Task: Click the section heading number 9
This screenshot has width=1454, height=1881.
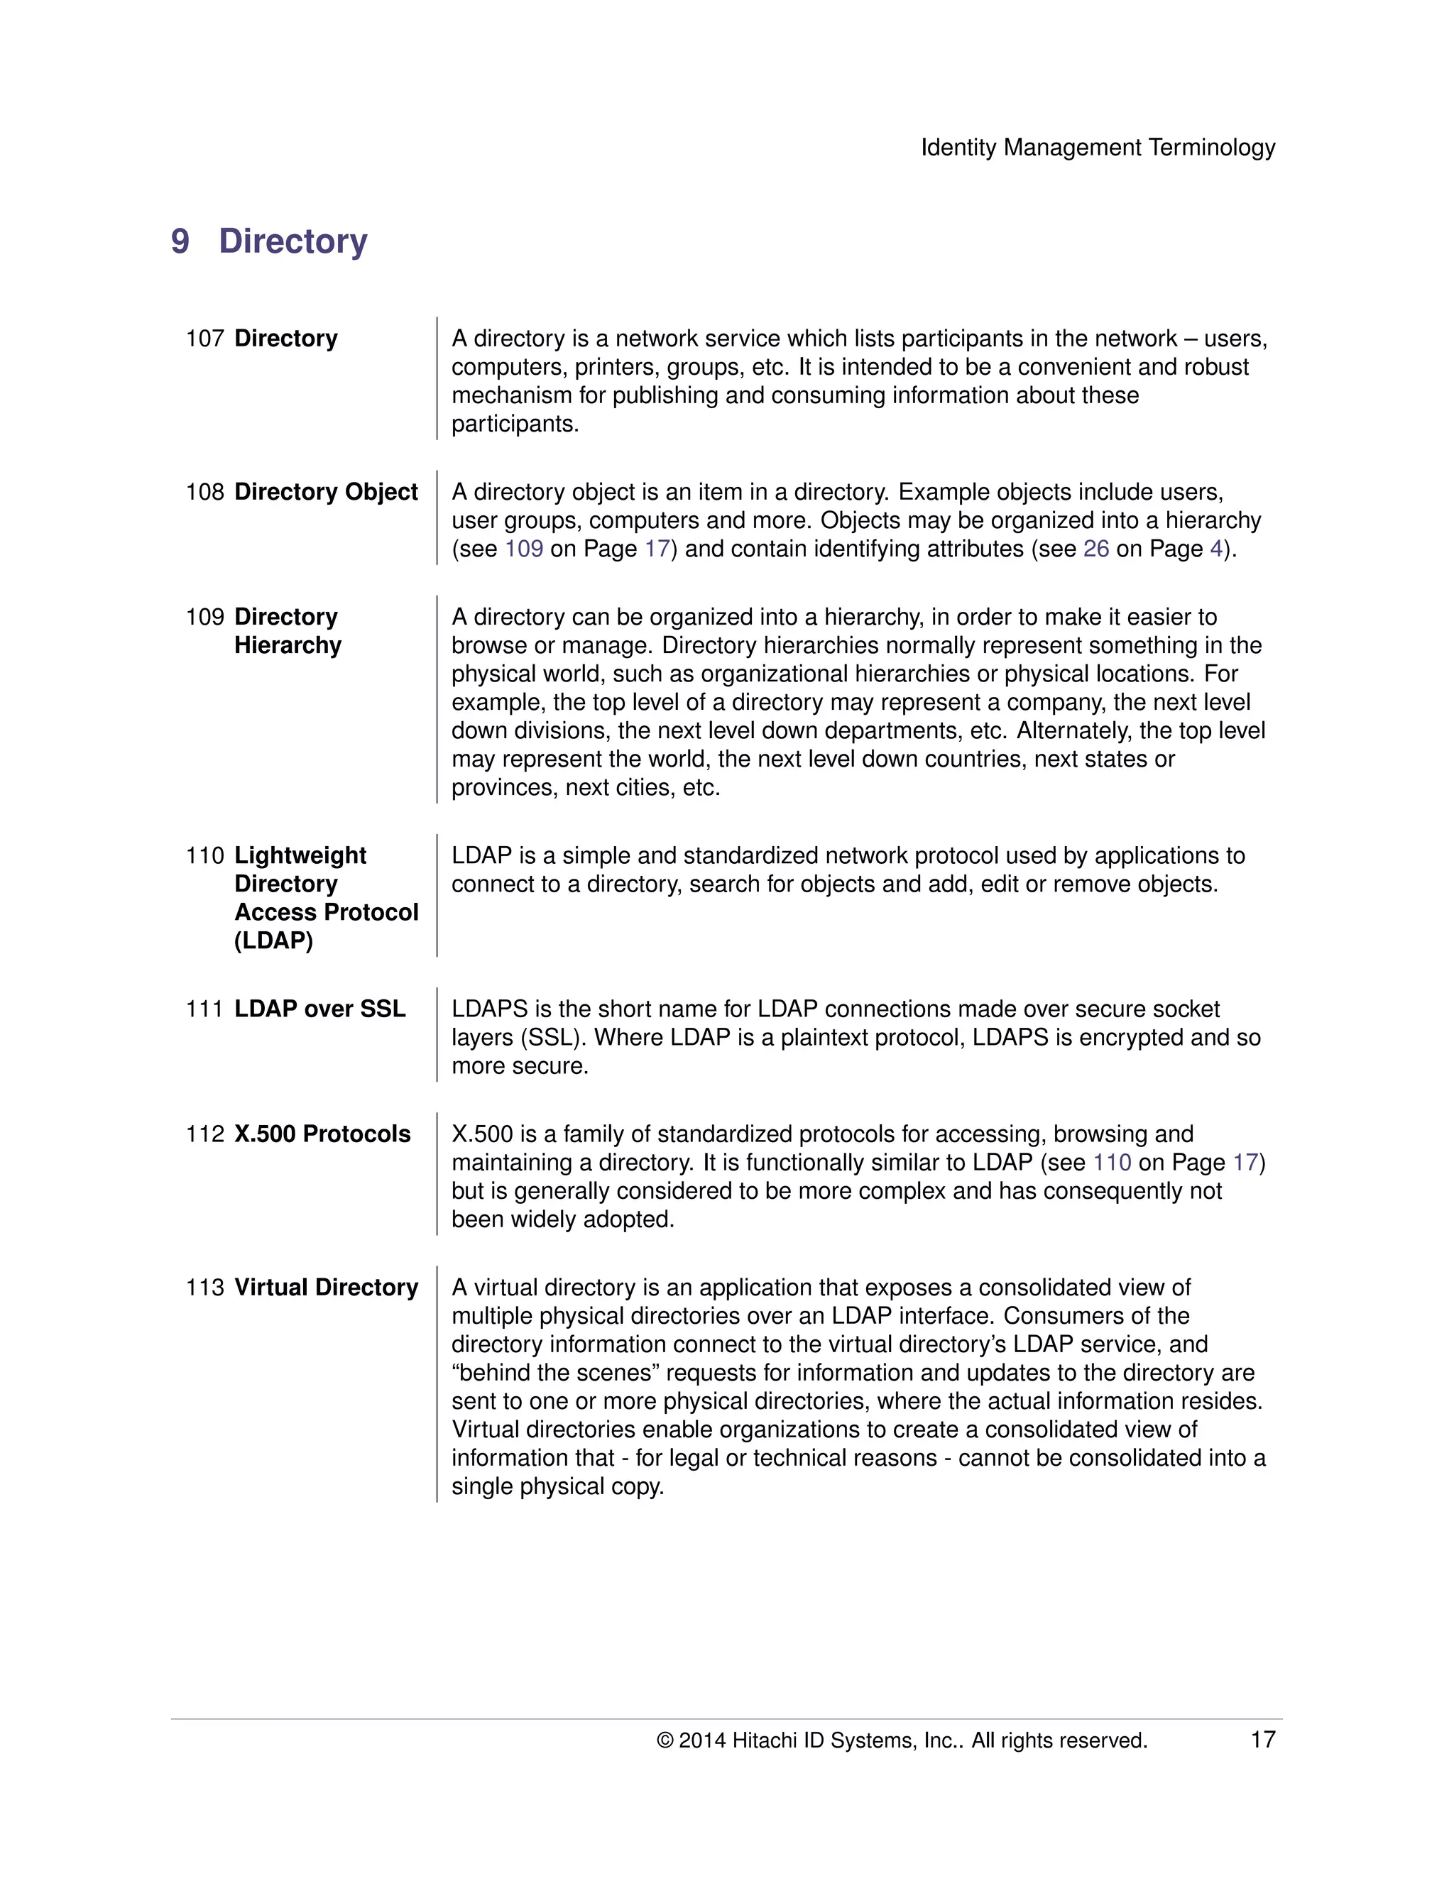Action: click(180, 241)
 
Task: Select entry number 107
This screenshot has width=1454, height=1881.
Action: click(205, 339)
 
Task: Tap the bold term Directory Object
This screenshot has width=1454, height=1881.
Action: click(326, 492)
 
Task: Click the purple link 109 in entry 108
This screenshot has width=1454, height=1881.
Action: click(524, 549)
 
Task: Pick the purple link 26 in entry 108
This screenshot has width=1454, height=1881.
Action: click(1095, 549)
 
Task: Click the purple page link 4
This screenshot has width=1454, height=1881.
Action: click(1215, 549)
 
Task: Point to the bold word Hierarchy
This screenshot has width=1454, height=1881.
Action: click(288, 645)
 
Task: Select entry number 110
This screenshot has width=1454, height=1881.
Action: click(205, 855)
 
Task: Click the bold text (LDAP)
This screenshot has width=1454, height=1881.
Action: click(273, 940)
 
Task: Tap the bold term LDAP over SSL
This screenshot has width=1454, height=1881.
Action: click(319, 1009)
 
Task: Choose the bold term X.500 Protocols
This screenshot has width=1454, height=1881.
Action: click(322, 1134)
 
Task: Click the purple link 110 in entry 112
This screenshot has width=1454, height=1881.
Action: click(1111, 1162)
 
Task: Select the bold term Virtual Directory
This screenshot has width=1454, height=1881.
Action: click(326, 1287)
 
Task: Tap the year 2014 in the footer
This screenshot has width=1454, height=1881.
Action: click(702, 1740)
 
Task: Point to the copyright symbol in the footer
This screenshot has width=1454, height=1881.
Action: click(664, 1740)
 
